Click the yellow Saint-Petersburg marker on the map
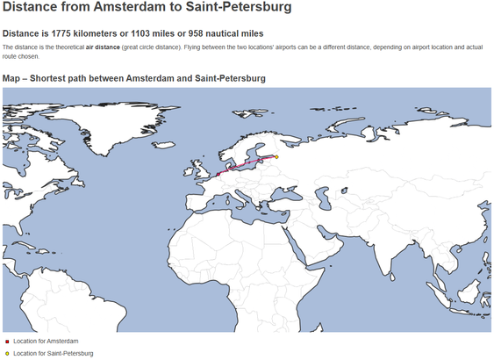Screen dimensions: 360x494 pyautogui.click(x=276, y=157)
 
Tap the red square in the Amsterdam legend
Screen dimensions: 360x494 pyautogui.click(x=6, y=341)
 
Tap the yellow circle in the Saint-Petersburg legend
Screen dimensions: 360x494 pyautogui.click(x=6, y=353)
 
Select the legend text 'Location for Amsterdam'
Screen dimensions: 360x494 pyautogui.click(x=46, y=341)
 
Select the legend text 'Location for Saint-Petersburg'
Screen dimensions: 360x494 pyautogui.click(x=53, y=353)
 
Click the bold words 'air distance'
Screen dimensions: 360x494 pyautogui.click(x=103, y=47)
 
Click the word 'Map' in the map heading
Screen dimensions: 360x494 pyautogui.click(x=12, y=78)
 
